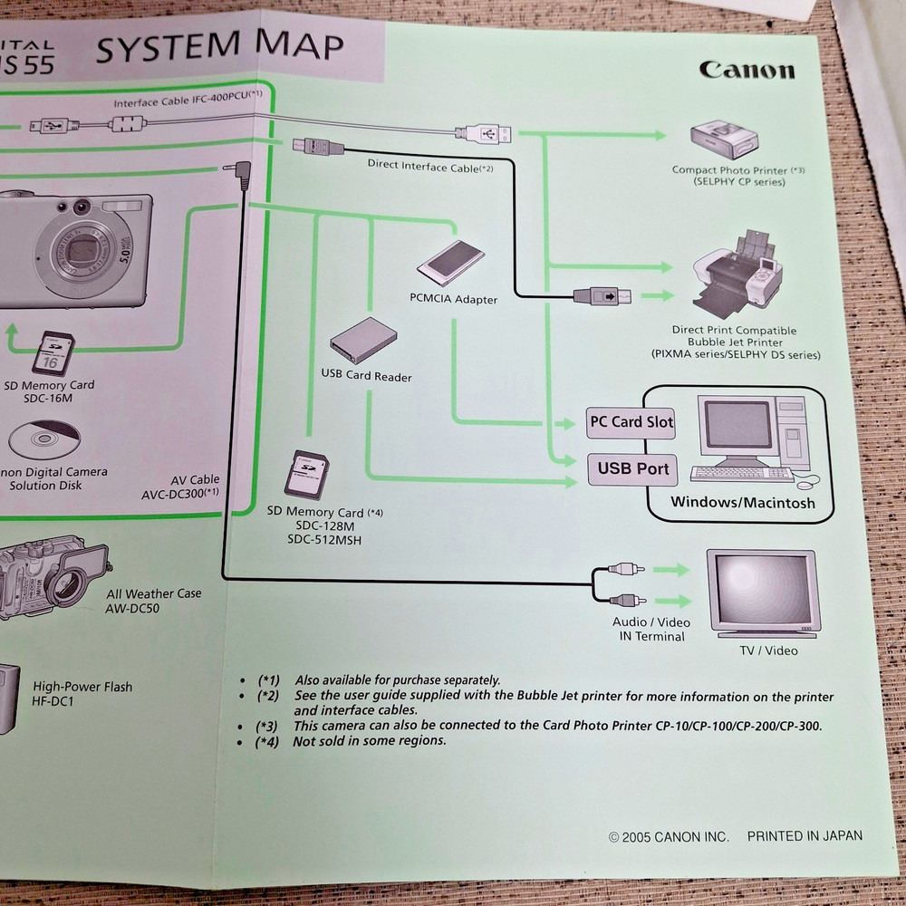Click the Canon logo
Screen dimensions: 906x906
(x=747, y=71)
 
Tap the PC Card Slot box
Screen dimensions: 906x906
(x=631, y=422)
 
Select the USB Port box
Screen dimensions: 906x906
(x=632, y=468)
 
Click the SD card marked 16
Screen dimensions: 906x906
(x=53, y=352)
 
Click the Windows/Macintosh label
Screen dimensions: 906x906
(x=742, y=503)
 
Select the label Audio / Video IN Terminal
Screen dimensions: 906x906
(x=651, y=629)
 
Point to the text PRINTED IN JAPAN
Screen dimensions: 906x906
(x=805, y=836)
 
